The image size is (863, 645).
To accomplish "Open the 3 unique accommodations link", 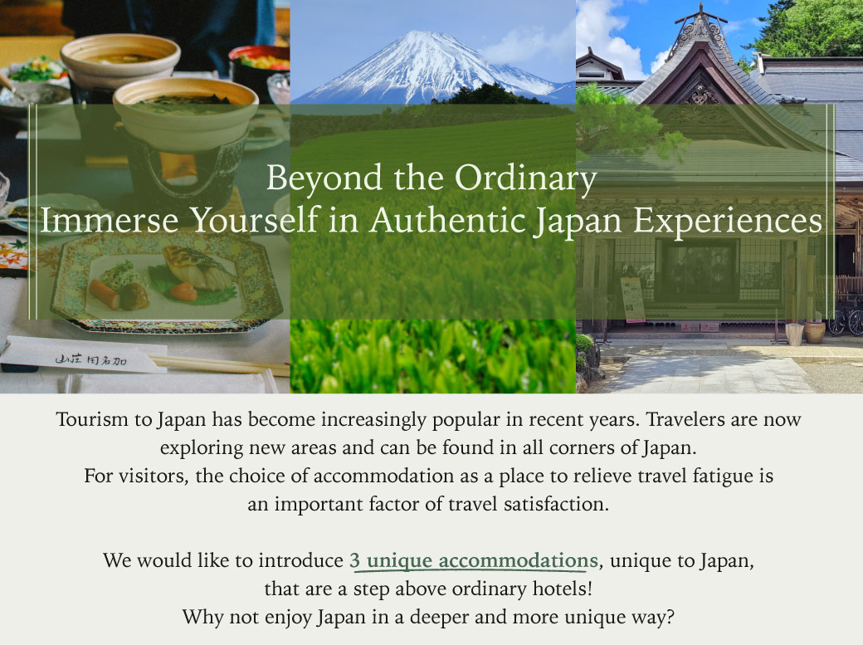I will click(x=473, y=560).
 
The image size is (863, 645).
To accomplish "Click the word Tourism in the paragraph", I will click(x=92, y=419).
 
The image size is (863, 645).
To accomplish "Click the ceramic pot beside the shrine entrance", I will click(x=815, y=332).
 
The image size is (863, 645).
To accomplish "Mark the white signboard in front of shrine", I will click(x=632, y=299).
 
